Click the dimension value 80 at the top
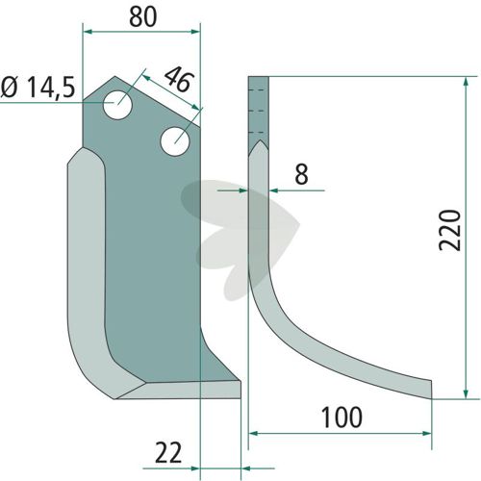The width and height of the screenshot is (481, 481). [143, 17]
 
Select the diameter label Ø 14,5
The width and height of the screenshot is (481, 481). [38, 88]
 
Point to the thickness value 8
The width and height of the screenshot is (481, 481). [301, 174]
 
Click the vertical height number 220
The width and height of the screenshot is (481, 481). [449, 230]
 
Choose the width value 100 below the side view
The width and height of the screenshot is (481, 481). [342, 417]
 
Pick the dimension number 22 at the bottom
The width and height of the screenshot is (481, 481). [168, 453]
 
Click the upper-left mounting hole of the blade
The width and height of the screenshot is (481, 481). [117, 105]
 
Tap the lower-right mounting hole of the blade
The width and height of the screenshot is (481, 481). [175, 141]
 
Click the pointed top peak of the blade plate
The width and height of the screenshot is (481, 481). [115, 77]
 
